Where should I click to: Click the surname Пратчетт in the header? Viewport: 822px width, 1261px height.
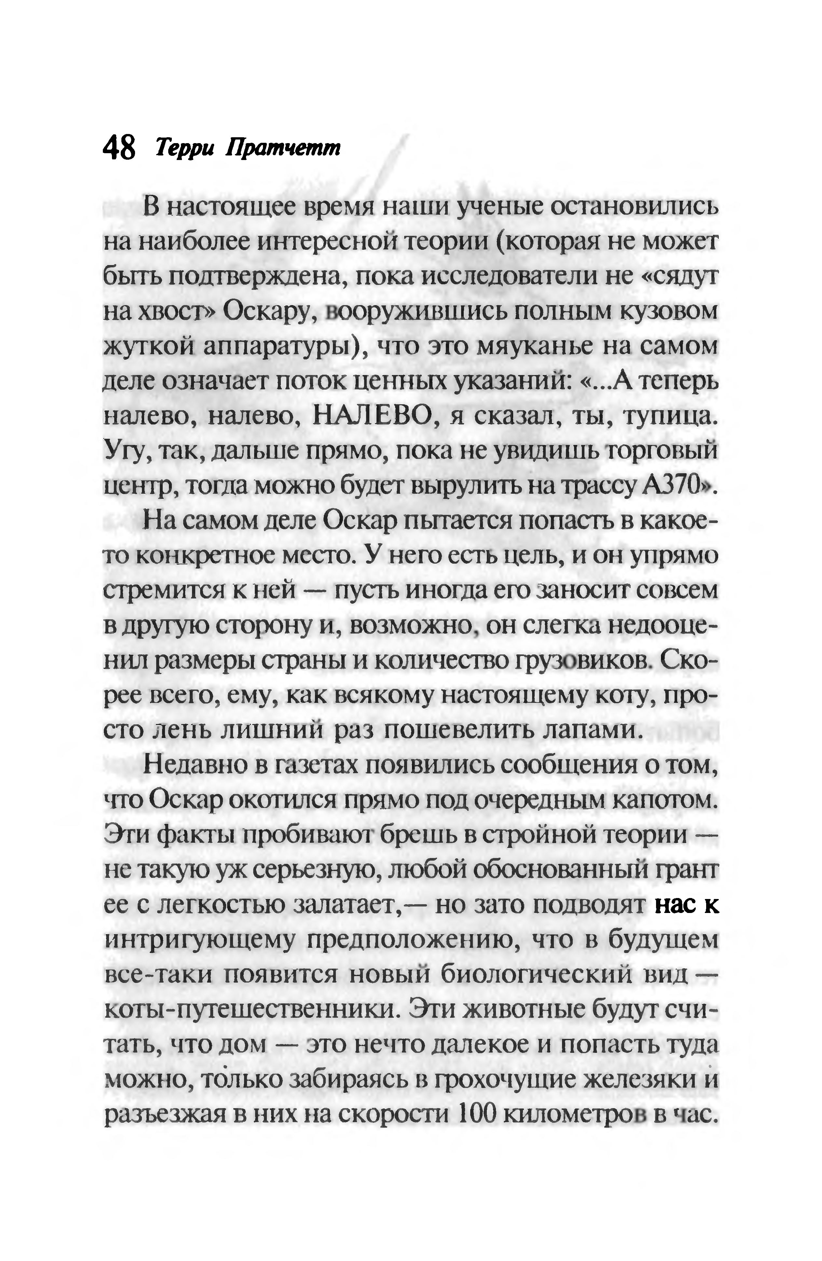point(283,149)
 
